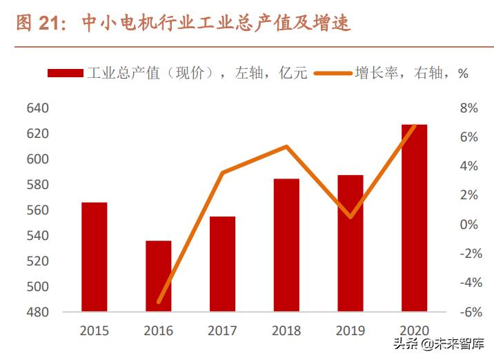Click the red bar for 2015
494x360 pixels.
pyautogui.click(x=94, y=257)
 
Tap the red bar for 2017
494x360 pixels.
pyautogui.click(x=222, y=264)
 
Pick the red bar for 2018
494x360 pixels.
pyautogui.click(x=286, y=245)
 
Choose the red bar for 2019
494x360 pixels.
pyautogui.click(x=350, y=243)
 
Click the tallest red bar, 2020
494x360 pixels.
pyautogui.click(x=414, y=218)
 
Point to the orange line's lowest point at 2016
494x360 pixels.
pyautogui.click(x=159, y=302)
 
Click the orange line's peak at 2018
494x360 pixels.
pyautogui.click(x=286, y=146)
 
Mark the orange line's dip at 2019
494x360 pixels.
pyautogui.click(x=350, y=217)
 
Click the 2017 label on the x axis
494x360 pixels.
pyautogui.click(x=222, y=331)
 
